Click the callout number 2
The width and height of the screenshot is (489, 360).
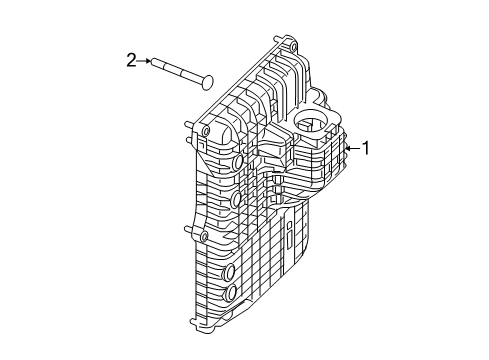[131, 61]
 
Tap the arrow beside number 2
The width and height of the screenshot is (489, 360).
[145, 61]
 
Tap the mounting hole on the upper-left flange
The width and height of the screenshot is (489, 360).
[204, 131]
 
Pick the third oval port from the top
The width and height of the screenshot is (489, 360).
[230, 273]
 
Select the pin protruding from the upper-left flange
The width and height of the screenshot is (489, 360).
[188, 125]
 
